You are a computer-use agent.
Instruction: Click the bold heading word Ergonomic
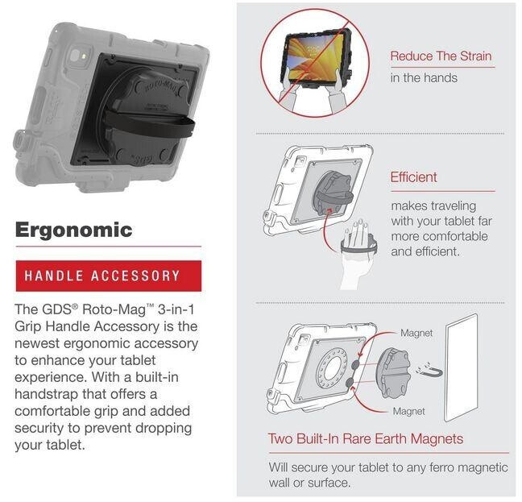coord(73,230)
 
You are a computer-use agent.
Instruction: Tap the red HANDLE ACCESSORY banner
coord(101,276)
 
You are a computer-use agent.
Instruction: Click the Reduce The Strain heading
coord(441,56)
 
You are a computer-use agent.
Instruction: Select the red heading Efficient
coord(413,176)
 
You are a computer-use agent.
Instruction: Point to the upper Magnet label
coord(416,333)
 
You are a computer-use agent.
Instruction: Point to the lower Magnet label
coord(408,411)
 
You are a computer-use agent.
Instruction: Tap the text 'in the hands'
coord(423,77)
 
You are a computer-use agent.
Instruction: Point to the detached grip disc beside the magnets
coord(381,370)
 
